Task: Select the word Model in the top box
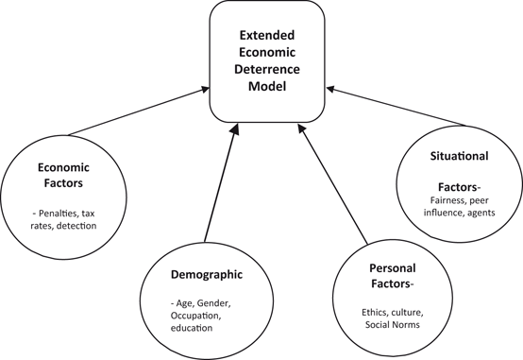(x=267, y=86)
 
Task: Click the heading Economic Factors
(x=64, y=175)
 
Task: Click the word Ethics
(x=376, y=311)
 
